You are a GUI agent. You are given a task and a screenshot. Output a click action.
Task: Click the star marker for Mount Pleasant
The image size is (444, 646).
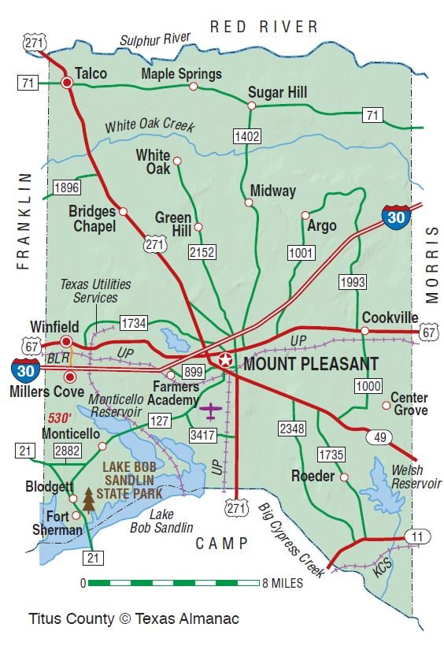(226, 361)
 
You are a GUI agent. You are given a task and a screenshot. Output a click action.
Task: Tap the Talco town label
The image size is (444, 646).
(91, 73)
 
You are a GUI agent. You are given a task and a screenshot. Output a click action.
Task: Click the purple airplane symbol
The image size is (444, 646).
(209, 410)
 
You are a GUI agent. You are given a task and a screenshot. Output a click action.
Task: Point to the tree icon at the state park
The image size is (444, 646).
(88, 499)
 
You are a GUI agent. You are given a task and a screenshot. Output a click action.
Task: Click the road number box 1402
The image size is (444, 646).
(246, 136)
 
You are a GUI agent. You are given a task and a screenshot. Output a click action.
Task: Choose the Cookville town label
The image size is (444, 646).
(390, 317)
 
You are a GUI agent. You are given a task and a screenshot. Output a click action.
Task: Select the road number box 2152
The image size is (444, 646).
(202, 251)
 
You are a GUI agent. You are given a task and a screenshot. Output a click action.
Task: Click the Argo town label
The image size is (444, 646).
(321, 226)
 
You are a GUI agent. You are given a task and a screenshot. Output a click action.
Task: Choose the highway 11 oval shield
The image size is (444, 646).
(418, 536)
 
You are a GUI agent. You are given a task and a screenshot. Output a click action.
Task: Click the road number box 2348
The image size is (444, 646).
(290, 429)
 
